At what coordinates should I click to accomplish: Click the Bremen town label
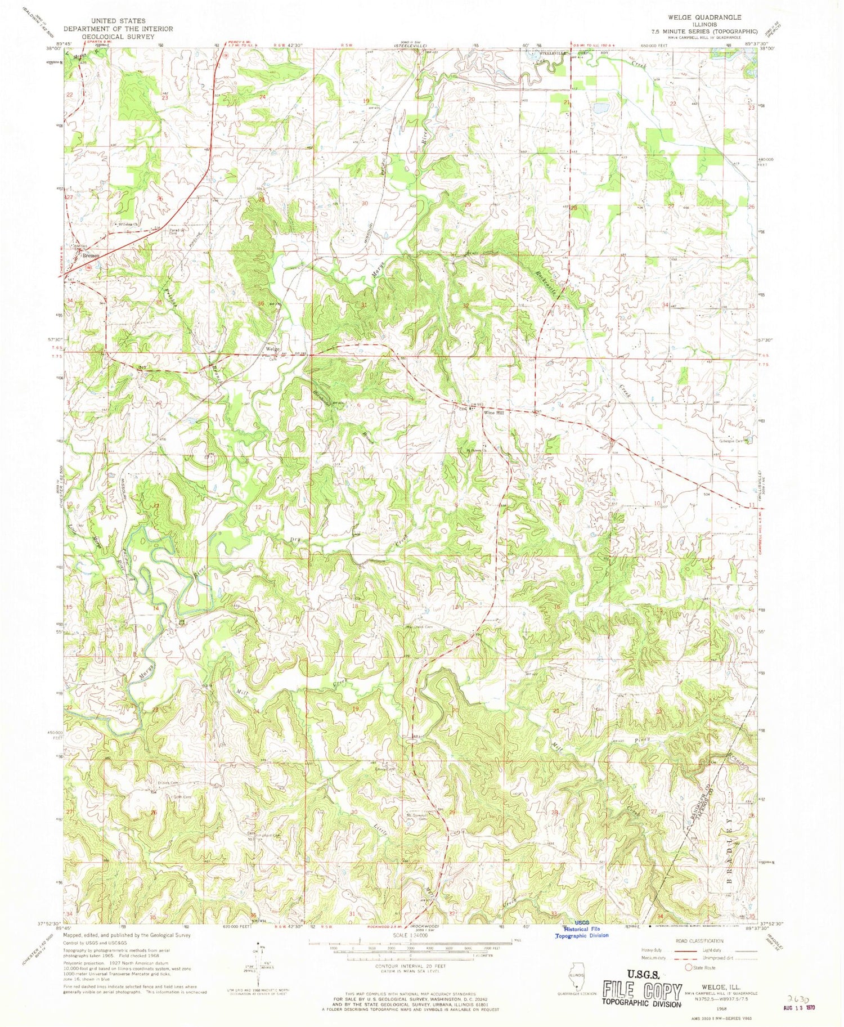(x=91, y=255)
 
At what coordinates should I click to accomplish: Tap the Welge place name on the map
(x=272, y=349)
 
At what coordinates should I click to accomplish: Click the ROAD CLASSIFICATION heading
(x=697, y=940)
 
